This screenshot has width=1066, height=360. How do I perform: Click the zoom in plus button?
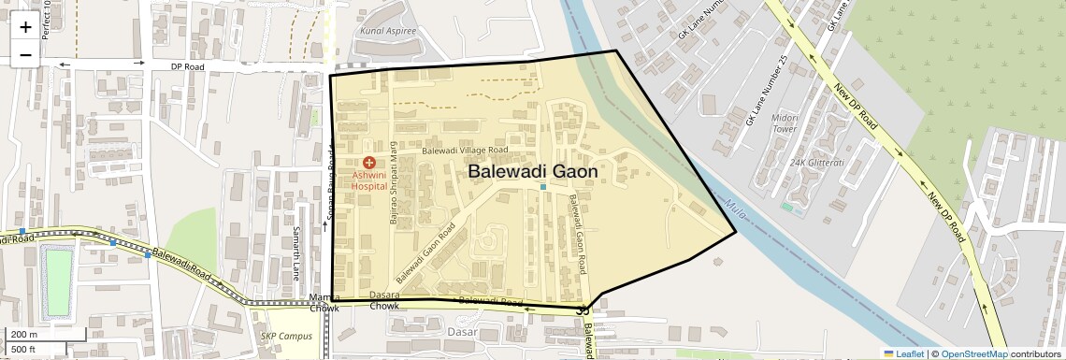pos(25,27)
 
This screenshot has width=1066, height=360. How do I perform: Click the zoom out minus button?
pos(25,54)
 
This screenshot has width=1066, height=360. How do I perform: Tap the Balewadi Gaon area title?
pos(532,172)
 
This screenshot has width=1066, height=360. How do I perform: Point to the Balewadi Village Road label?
pos(464,150)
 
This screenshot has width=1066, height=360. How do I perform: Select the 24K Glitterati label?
pos(816,162)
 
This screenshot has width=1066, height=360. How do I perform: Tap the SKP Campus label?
pos(286,337)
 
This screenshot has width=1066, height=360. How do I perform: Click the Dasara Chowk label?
pos(384,300)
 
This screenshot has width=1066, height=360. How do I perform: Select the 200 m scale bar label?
pos(24,335)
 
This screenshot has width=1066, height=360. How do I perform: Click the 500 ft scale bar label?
pos(24,350)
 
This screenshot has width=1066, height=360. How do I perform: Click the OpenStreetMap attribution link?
pos(973,353)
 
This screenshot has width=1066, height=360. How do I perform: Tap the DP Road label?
pos(187,67)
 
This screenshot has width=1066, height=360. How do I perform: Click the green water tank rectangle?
pos(58,280)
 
